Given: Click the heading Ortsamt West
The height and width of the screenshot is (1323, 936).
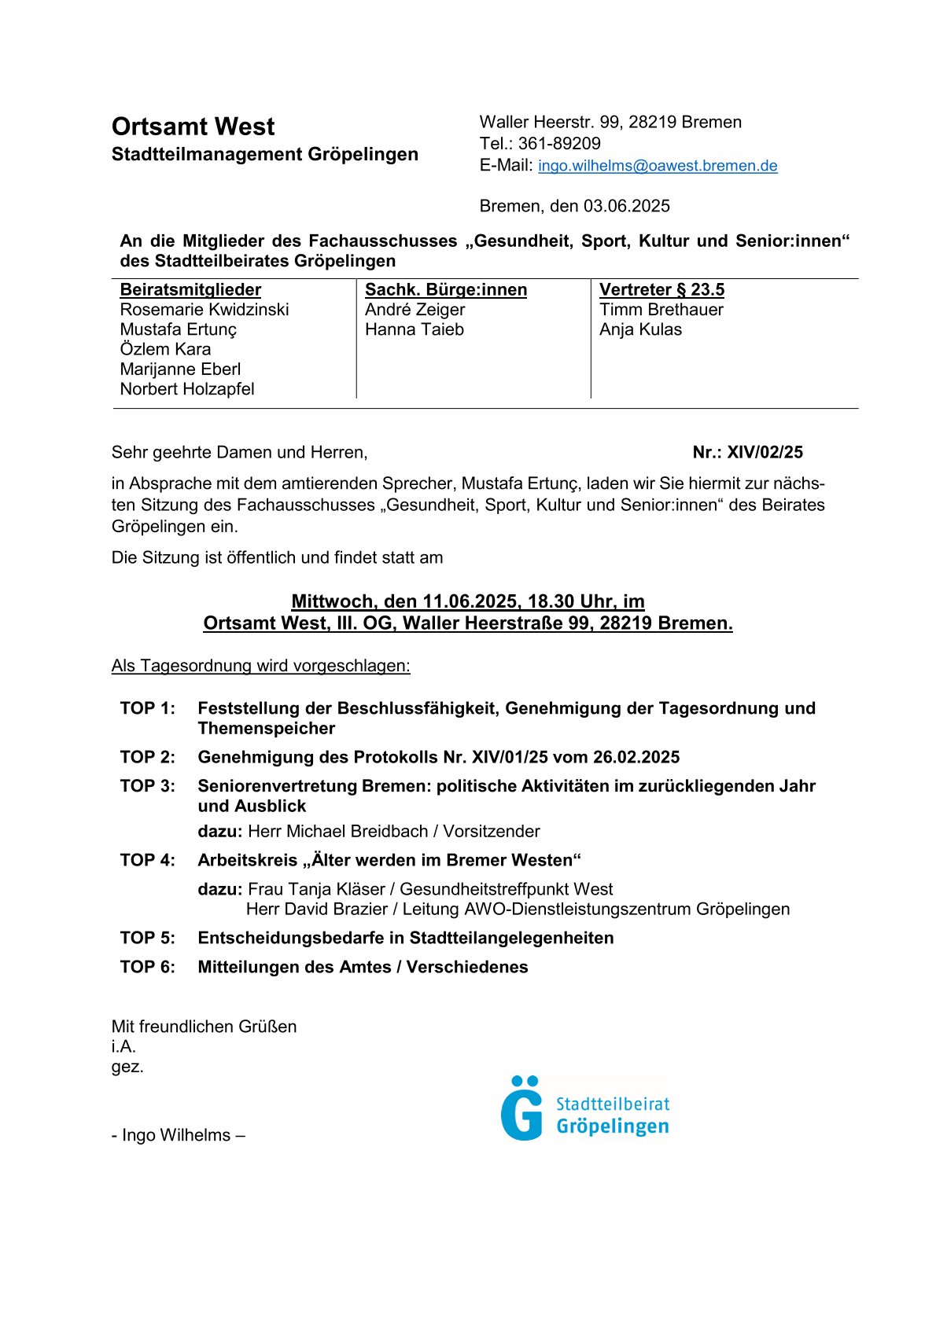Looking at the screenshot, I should point(193,127).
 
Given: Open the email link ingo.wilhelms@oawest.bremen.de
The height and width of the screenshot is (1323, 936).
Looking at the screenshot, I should point(658,166).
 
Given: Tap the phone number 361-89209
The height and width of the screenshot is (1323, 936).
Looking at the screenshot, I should point(559,143).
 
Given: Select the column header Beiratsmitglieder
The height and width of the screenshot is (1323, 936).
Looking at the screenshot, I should point(190,289).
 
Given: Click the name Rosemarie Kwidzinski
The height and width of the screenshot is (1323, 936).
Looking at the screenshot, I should point(205,310).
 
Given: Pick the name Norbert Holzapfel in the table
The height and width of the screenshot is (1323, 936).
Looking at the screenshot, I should point(187,389).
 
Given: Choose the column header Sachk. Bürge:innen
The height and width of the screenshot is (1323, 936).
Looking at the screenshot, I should point(446,289).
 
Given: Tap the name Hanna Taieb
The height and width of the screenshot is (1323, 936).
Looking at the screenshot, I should point(415,329).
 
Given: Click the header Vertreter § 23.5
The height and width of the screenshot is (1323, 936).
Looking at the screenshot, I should point(661,289).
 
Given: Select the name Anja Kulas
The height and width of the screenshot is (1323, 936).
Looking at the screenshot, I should point(640,329).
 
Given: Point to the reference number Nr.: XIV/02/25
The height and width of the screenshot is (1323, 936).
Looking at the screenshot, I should point(747,452).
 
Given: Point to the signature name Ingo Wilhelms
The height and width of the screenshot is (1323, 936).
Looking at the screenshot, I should point(177,1135).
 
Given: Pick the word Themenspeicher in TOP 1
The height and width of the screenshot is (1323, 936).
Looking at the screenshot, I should point(267,728).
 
